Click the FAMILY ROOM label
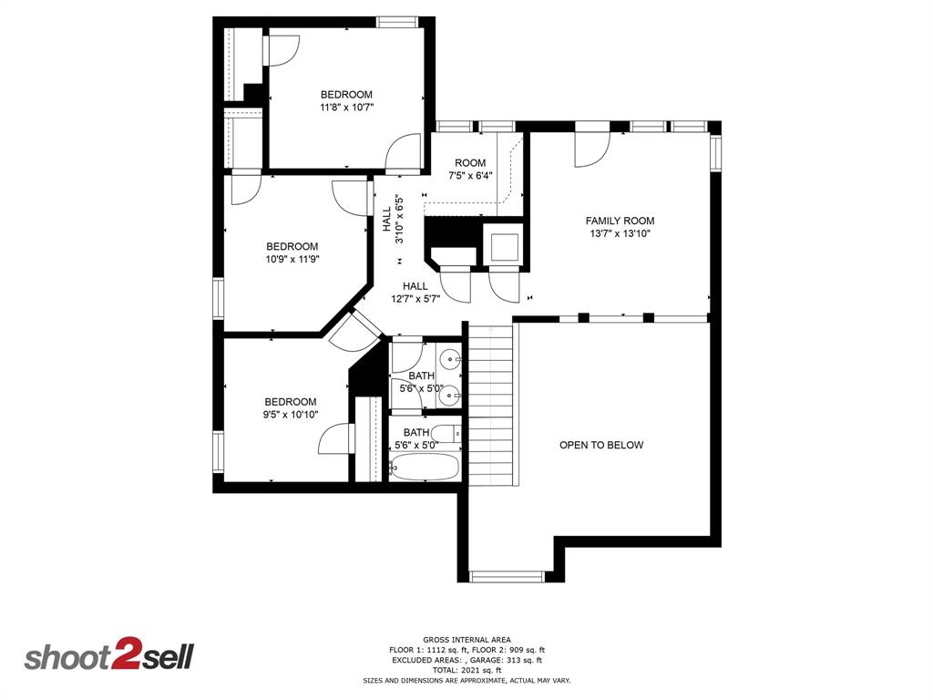pos(620,221)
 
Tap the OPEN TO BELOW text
pos(601,445)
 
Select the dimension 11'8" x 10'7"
pos(346,108)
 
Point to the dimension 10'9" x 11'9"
pos(292,259)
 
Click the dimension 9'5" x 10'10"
pos(291,415)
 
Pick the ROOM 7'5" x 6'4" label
pos(470,169)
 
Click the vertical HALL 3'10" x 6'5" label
pos(393,220)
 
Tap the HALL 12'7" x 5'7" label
pos(409,292)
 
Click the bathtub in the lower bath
pos(424,468)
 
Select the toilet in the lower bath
pos(446,434)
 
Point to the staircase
pos(491,401)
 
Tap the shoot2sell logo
pos(108,657)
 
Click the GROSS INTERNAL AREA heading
pos(466,639)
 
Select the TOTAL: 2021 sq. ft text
pos(466,670)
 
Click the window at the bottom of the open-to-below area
pos(506,576)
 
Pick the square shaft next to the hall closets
pos(504,246)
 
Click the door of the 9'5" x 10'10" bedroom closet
pos(335,439)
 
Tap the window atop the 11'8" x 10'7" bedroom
pos(397,22)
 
